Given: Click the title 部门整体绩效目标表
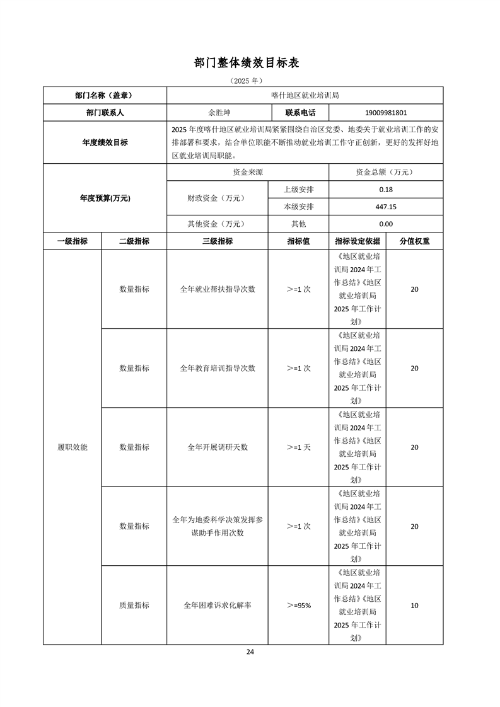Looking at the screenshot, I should pos(250,63).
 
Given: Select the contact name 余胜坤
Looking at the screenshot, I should pos(219,113).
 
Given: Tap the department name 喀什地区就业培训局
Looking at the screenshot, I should pos(305,96).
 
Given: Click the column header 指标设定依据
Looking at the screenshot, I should pos(357,241).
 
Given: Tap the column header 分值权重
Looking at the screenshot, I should pos(414,241).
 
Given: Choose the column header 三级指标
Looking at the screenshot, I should pos(217,241).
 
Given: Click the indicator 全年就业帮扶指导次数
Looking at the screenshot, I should pos(217,289).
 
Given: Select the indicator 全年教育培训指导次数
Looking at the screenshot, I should pos(217,368).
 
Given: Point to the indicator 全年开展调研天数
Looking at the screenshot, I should pos(217,447).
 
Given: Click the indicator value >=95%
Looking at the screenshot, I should pos(298,605).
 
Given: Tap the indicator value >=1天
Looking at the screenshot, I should pos(298,447).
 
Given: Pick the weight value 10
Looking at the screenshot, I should pos(414,605).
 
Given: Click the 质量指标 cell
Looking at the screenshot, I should pos(134,605).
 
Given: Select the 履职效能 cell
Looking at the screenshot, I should pos(72,447).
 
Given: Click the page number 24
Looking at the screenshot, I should pos(250,652).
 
